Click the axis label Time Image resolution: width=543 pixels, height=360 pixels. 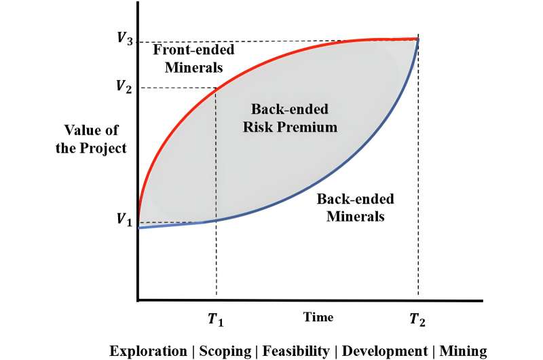pos(318,317)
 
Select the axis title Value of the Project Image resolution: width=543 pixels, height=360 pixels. pos(96,139)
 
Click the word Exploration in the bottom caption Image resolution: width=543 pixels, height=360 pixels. pos(149,350)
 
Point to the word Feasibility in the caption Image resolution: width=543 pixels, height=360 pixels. pos(297,350)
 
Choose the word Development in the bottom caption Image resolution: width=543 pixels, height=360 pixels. pos(384,350)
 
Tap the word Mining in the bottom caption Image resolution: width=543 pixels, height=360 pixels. pos(464,350)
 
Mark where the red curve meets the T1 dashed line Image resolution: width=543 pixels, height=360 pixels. pos(216,88)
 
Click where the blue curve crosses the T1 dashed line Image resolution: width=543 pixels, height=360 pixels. pos(216,221)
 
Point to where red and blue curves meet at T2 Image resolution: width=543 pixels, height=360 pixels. pos(418,39)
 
